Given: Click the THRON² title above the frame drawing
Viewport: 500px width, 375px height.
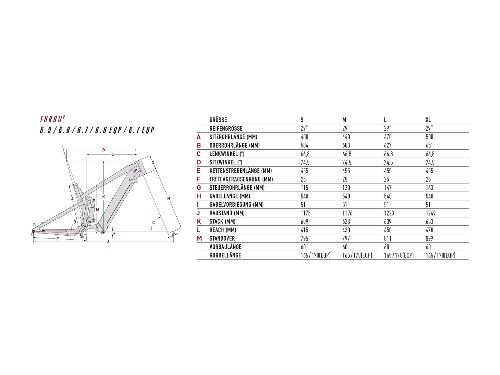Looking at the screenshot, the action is pos(52,119).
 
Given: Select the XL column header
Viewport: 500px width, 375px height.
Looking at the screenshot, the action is pos(428,120).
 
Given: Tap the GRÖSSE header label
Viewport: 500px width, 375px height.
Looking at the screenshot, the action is pos(218,120).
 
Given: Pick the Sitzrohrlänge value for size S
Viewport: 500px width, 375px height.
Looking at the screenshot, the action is pos(304,137).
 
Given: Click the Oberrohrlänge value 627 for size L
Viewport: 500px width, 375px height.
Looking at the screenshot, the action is pos(388,145).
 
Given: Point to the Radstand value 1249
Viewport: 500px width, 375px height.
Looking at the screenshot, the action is pos(431,213).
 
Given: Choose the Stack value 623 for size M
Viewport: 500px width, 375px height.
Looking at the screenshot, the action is pos(346,222).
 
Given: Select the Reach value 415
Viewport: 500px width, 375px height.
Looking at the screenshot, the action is pos(304,230).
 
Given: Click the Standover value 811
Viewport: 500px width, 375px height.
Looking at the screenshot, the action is pos(387,238).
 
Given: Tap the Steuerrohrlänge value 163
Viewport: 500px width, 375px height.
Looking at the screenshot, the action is pos(429,187).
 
